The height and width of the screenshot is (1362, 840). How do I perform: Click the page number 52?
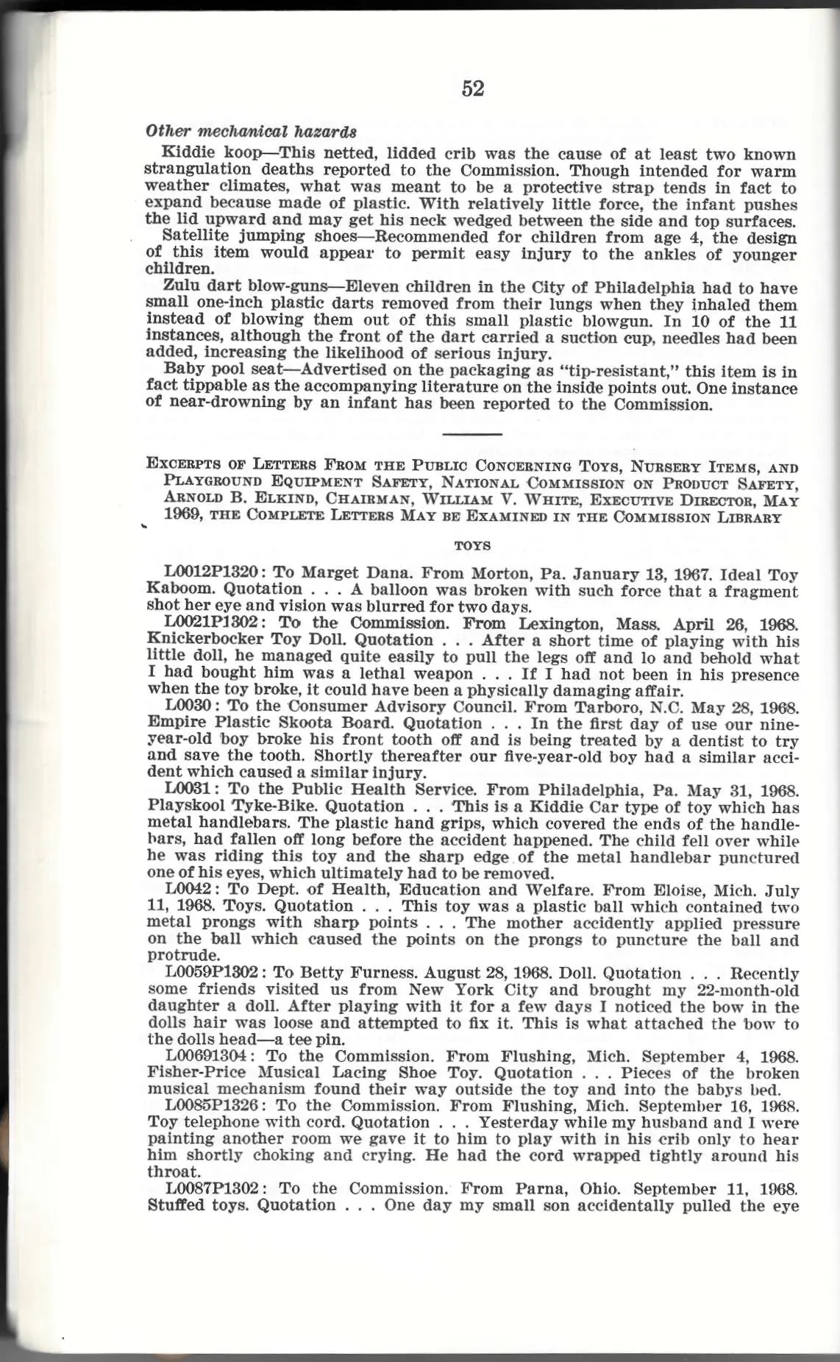click(x=473, y=89)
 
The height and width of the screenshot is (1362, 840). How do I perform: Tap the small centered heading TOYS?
click(x=473, y=546)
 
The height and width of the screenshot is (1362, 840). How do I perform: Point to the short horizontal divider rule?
click(x=473, y=434)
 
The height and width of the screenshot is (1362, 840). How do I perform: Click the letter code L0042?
click(x=189, y=890)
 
